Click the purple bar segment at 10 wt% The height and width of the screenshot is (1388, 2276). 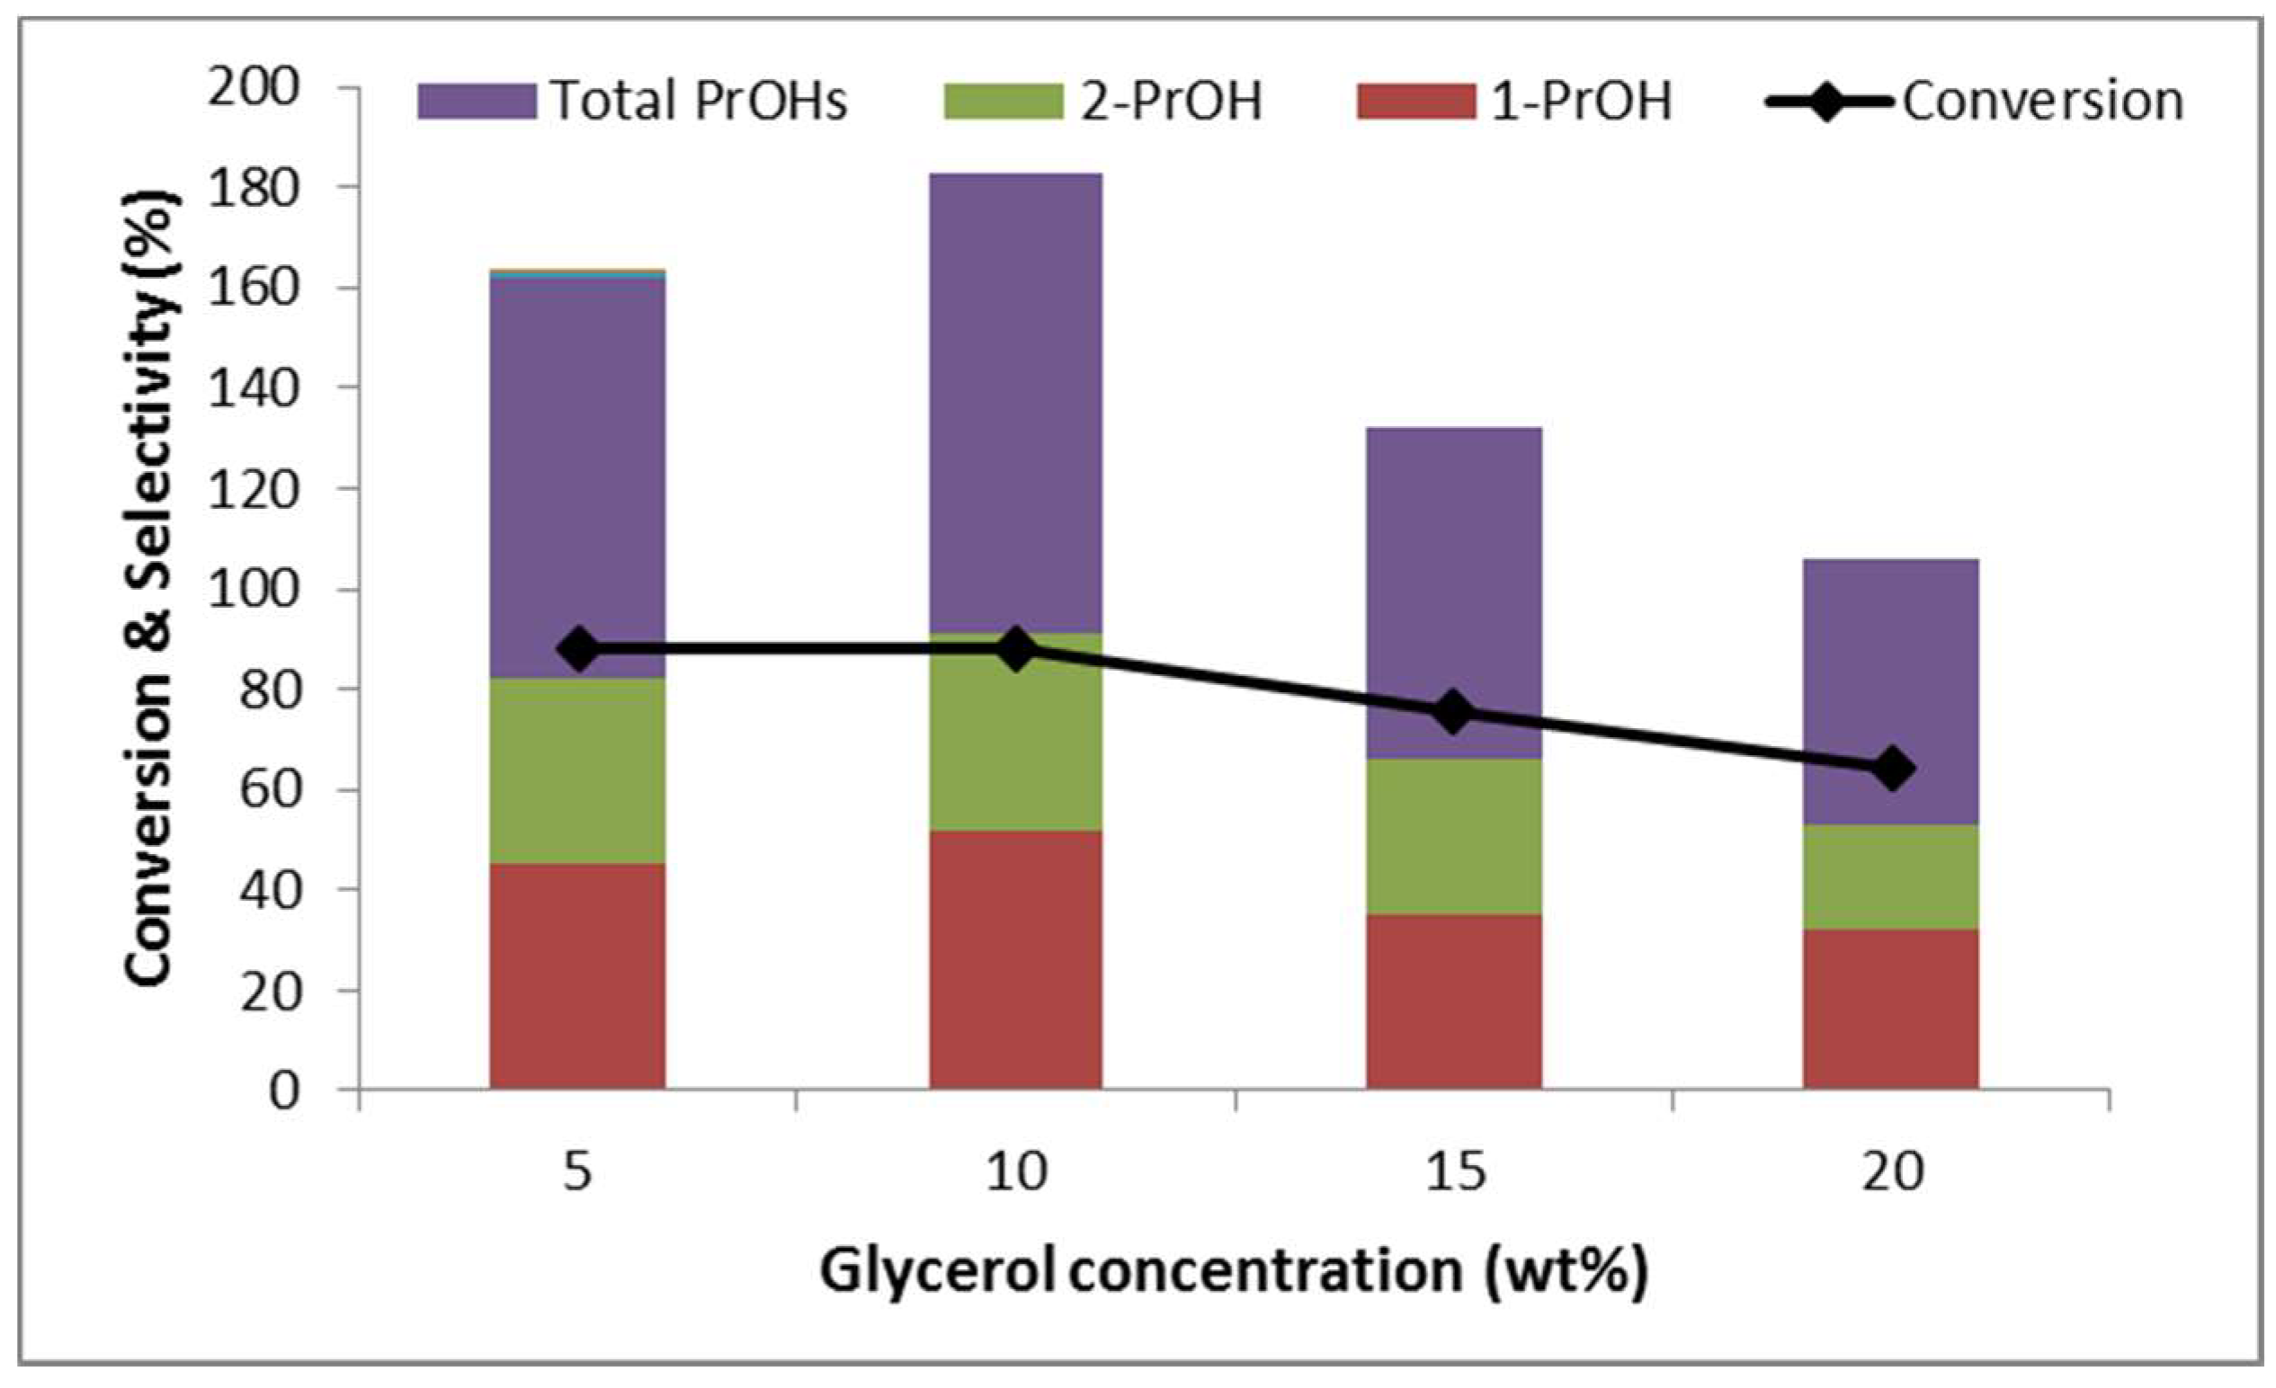tap(1015, 397)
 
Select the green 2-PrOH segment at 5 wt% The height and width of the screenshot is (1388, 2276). tap(577, 771)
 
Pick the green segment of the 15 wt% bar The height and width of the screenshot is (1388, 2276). tap(1454, 836)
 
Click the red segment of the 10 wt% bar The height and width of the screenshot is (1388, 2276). tap(1015, 960)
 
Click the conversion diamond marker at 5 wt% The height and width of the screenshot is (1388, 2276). tap(579, 649)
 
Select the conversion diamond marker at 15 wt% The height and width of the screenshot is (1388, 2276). tap(1453, 711)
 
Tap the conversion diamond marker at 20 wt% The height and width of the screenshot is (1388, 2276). tap(1891, 769)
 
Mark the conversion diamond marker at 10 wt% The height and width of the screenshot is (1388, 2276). tap(1016, 649)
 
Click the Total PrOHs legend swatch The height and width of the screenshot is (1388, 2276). tap(477, 101)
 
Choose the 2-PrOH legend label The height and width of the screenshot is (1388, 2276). tap(1171, 101)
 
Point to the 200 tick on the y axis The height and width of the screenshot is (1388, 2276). tap(253, 89)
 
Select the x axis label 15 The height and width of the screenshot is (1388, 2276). tap(1454, 1171)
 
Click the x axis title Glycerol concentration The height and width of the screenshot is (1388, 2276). tap(1233, 1272)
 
